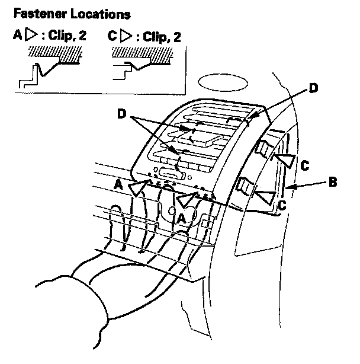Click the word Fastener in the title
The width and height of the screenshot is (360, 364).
tap(36, 12)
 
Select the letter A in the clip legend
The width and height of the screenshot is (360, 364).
tap(17, 36)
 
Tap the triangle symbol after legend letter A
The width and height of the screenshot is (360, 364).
tap(30, 36)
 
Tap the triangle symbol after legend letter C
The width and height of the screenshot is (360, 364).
tap(125, 36)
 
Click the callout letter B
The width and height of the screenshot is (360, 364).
tap(333, 182)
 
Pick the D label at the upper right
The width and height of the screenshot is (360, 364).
tap(314, 88)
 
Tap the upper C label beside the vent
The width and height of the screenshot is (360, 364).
tap(304, 167)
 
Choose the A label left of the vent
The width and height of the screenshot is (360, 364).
tap(119, 185)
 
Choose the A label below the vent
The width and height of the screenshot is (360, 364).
tap(182, 218)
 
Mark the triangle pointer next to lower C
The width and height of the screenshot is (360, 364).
tap(265, 197)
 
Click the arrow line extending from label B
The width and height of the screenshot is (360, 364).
tap(306, 186)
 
